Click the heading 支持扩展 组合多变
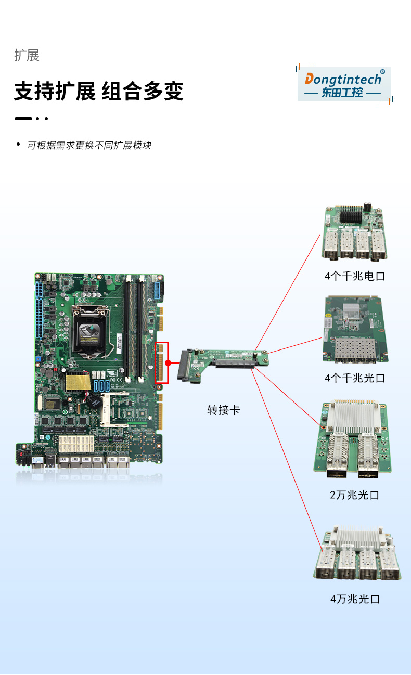tap(98, 92)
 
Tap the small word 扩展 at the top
tap(27, 56)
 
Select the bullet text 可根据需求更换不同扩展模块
tap(89, 146)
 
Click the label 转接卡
tap(223, 410)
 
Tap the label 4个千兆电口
tap(355, 276)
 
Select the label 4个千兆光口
tap(355, 378)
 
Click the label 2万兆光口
tap(355, 495)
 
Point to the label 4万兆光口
tap(355, 599)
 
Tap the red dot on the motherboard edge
tap(168, 362)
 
